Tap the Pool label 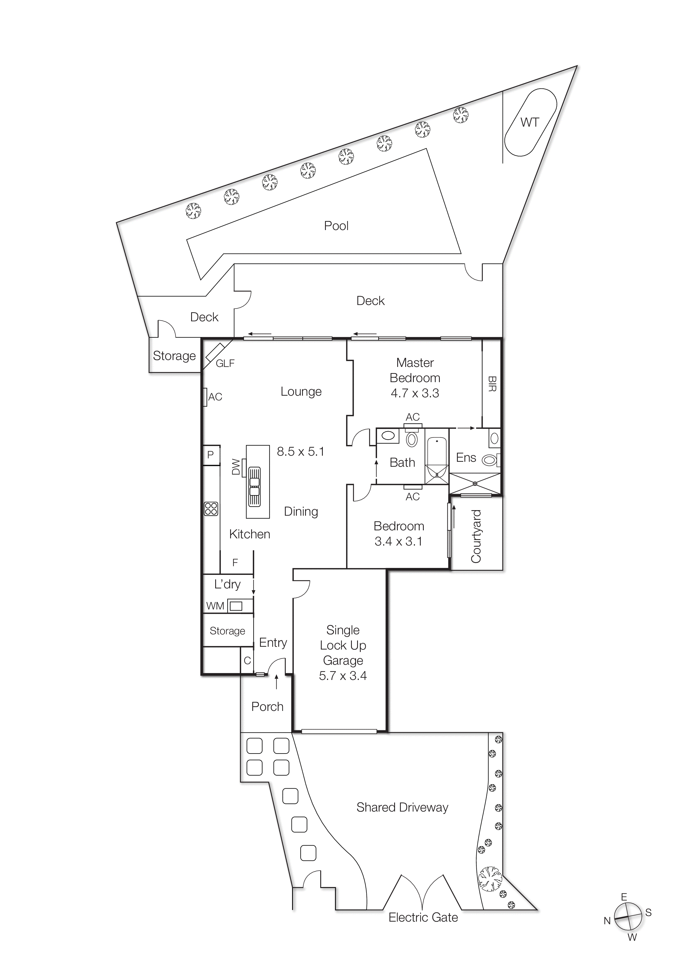[336, 226]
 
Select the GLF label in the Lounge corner [225, 363]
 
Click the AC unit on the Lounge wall [205, 397]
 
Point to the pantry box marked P [211, 455]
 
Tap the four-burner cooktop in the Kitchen [211, 509]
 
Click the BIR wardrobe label [492, 384]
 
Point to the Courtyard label [476, 536]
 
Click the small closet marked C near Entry [247, 661]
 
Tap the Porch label [267, 707]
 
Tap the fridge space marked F [235, 563]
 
